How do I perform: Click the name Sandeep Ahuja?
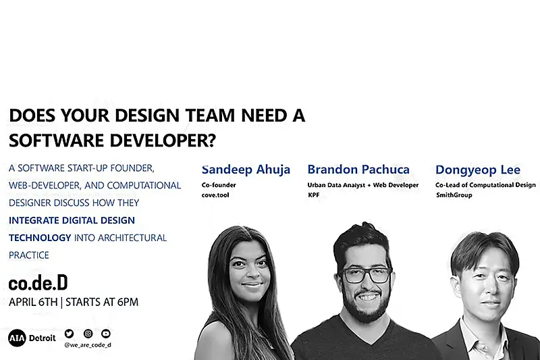pos(246,170)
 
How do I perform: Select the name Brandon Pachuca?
pos(358,170)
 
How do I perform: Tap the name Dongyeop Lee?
pos(478,170)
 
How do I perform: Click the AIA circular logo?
pos(18,338)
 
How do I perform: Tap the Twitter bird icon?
pos(69,334)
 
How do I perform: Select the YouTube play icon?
pos(106,334)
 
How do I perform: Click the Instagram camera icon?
pos(88,334)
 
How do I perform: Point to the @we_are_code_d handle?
pos(88,344)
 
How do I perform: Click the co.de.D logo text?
pos(38,283)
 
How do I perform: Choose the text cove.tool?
pos(215,195)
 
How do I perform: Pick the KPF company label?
pos(313,195)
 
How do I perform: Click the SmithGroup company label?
pos(454,195)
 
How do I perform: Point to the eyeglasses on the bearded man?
pos(366,274)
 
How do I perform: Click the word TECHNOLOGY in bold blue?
pos(40,238)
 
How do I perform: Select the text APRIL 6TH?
pos(33,302)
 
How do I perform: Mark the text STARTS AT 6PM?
pos(102,302)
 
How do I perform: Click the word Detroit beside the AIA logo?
pos(43,338)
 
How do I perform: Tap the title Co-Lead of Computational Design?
pos(485,185)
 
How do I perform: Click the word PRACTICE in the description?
pos(29,255)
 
